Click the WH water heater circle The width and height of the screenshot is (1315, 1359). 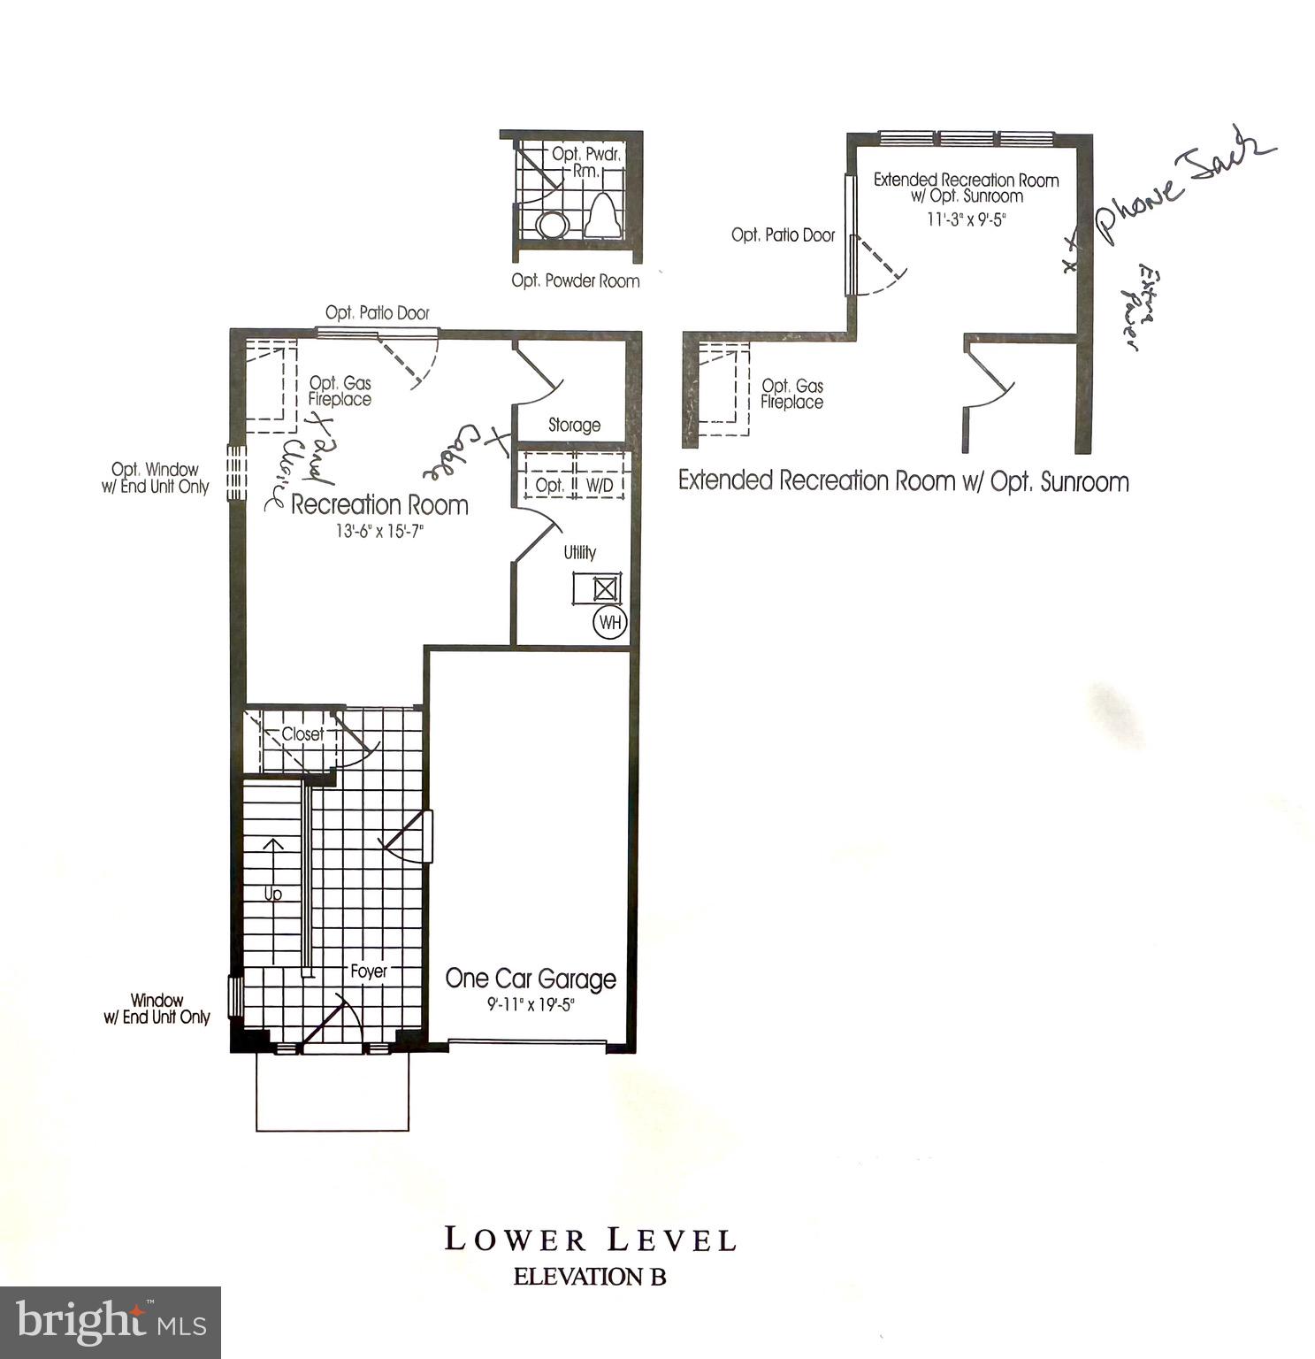pos(610,622)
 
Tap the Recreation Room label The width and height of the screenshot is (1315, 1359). pos(379,505)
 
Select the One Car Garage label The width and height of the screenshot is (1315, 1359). pos(531,979)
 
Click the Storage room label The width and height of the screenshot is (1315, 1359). pos(574,426)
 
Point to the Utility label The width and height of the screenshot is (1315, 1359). pos(580,552)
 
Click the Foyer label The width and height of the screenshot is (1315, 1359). pos(369,971)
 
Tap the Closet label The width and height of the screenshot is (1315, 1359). pos(302,734)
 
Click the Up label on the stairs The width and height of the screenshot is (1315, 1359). pos(273,894)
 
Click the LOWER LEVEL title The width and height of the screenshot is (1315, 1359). pos(590,1240)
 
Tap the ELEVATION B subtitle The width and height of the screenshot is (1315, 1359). pos(590,1277)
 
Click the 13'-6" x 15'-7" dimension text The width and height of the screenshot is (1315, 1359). pos(380,531)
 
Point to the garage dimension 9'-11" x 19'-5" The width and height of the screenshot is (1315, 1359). pos(531,1005)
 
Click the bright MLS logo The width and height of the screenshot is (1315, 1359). pos(111,1322)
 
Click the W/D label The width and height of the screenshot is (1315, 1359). pos(600,486)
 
